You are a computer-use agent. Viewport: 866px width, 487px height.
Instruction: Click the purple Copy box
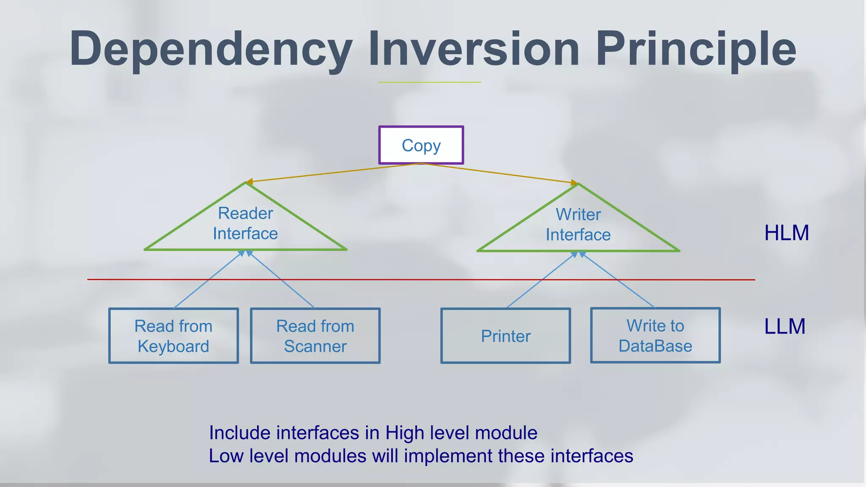coord(421,145)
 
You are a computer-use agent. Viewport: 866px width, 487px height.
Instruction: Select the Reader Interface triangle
coord(245,224)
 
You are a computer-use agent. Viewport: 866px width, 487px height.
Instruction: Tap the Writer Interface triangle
coord(578,225)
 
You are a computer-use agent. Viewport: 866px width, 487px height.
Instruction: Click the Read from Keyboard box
coord(173,336)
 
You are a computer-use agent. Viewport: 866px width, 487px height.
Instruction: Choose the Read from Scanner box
coord(315,336)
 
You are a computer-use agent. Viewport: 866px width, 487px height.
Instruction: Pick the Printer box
coord(506,336)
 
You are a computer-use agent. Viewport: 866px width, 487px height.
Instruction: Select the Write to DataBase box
coord(655,335)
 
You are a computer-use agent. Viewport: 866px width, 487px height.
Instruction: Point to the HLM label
coord(787,233)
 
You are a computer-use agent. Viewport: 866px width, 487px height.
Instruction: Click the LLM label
coord(785,326)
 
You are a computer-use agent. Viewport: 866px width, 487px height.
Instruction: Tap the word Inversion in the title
coord(474,49)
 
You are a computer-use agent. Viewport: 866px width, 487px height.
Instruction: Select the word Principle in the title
coord(696,50)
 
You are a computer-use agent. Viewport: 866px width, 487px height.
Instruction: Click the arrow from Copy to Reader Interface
coord(334,172)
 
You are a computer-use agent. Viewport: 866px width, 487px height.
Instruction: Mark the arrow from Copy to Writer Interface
coord(499,173)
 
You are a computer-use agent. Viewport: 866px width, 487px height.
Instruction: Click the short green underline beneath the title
coord(429,82)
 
